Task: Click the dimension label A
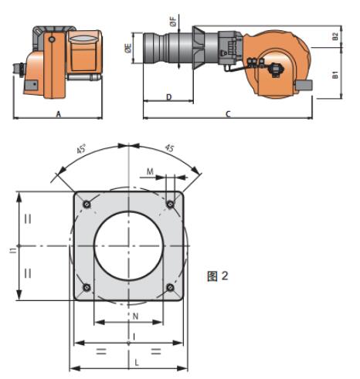pos(59,113)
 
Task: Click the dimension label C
pos(228,113)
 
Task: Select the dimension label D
pos(169,97)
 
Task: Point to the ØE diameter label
pos(128,48)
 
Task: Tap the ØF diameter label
pos(173,22)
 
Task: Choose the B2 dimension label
pos(335,36)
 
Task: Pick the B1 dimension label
pos(335,75)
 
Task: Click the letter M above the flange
pos(150,171)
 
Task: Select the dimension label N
pos(135,316)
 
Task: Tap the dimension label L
pos(137,363)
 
